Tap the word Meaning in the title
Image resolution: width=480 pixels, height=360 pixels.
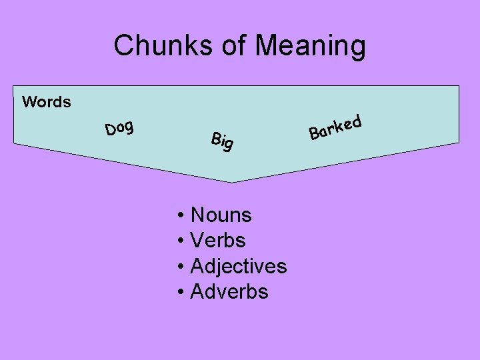point(311,47)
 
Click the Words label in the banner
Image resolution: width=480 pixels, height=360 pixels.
point(47,102)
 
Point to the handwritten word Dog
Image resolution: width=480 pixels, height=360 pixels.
point(120,127)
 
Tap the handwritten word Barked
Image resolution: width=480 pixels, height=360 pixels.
point(335,127)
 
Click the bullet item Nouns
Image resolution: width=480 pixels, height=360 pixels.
point(221,215)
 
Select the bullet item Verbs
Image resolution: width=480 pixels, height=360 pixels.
point(218,240)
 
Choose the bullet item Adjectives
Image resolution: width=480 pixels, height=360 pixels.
point(238,266)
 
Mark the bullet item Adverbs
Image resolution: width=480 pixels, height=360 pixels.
point(229,291)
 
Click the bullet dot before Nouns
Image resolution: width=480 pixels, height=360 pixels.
point(181,215)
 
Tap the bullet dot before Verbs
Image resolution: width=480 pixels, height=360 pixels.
point(181,241)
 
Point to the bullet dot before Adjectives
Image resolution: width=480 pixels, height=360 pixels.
point(181,267)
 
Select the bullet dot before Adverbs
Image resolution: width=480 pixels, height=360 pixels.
point(181,292)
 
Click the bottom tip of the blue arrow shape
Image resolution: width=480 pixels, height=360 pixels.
point(232,181)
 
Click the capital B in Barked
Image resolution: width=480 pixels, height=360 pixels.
point(313,134)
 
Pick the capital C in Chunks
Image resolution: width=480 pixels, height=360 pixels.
point(123,46)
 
